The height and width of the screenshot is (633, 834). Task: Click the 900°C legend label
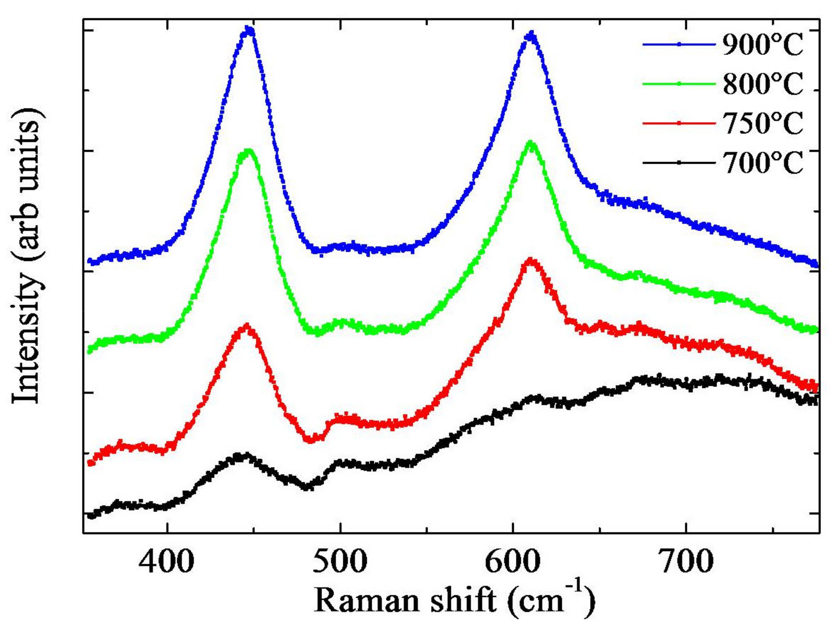(x=763, y=44)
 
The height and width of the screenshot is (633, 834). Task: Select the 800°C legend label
(x=763, y=84)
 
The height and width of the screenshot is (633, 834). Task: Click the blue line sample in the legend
(x=679, y=44)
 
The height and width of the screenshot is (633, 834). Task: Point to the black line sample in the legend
(x=679, y=163)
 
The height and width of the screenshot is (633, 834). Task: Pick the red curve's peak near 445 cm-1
(x=246, y=327)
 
